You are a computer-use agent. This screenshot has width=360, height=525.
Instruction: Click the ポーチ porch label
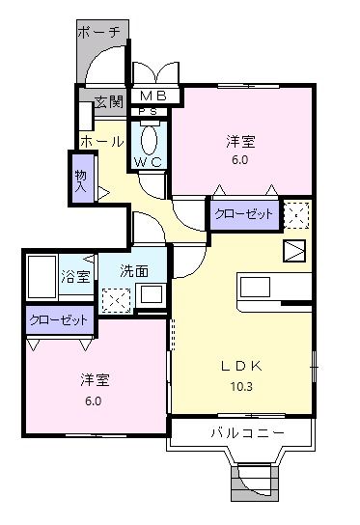[101, 32]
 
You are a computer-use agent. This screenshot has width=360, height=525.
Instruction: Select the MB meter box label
[152, 97]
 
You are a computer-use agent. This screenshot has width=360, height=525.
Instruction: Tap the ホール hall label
[100, 142]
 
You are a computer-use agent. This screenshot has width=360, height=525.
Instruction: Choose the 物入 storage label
[81, 180]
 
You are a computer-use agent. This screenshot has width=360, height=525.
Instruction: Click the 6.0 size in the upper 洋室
[239, 160]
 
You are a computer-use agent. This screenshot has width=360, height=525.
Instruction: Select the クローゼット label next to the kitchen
[243, 214]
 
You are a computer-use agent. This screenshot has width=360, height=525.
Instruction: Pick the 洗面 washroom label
[134, 272]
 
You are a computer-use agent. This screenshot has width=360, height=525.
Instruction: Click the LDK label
[242, 365]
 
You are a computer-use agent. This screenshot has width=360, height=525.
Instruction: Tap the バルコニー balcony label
[247, 433]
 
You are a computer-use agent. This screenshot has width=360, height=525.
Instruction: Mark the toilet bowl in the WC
[154, 137]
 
